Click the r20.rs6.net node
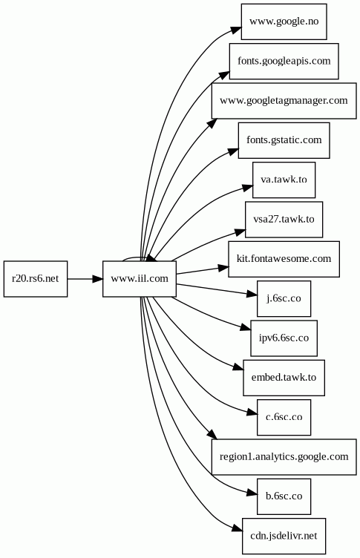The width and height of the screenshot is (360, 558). [36, 279]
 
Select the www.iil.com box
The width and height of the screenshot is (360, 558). [140, 279]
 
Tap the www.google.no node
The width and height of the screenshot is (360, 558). [284, 22]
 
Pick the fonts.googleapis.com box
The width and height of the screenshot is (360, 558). [284, 61]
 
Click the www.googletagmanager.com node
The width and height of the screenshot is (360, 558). [284, 101]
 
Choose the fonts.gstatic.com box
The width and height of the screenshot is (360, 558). [284, 140]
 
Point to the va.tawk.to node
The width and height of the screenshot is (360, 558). [284, 180]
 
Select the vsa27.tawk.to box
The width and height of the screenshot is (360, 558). [284, 220]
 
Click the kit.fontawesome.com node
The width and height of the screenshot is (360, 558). [284, 259]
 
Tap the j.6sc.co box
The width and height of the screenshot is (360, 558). [284, 298]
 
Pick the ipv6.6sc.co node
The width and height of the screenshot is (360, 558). [284, 338]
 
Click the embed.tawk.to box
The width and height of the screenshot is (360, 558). [284, 378]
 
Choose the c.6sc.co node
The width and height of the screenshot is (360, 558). [284, 417]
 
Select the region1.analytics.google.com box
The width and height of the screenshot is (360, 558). [284, 457]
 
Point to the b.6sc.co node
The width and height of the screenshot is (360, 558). [284, 496]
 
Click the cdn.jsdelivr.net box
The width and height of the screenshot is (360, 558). [284, 536]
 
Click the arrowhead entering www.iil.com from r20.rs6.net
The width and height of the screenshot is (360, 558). [97, 279]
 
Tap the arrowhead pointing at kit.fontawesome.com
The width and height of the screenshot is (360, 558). [223, 268]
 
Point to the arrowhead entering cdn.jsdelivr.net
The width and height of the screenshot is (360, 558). [238, 528]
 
